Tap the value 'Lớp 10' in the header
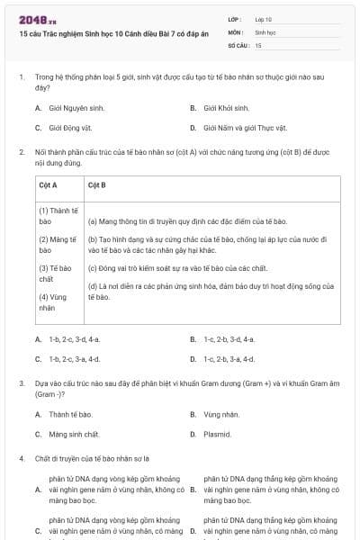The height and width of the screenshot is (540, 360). point(264,19)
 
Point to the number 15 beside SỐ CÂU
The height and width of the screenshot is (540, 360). point(258,44)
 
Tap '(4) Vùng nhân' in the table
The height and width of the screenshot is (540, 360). point(51,301)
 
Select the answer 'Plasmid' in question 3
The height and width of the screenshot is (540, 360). point(218,434)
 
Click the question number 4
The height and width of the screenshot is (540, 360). point(21,458)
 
